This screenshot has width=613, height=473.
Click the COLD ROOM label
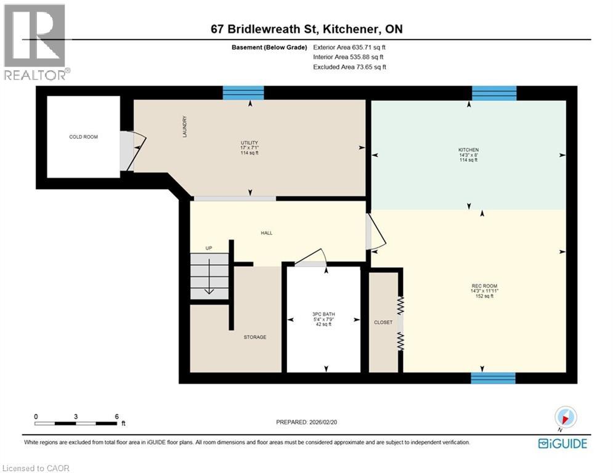(83, 137)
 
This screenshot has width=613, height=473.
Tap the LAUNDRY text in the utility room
(184, 127)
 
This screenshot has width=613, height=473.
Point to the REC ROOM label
(484, 286)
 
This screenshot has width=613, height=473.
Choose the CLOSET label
(383, 322)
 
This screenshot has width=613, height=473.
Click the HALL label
(266, 233)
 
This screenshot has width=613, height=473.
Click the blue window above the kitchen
(494, 93)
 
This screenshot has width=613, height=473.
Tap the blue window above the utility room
(243, 93)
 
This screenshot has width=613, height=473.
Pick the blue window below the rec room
(493, 378)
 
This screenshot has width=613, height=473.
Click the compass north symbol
(565, 418)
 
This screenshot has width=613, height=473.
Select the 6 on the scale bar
(116, 416)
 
